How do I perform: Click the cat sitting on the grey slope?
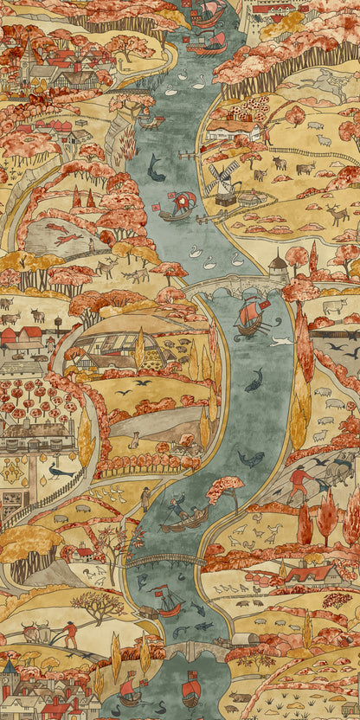click(x=134, y=441)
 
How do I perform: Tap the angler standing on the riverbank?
click(x=145, y=498)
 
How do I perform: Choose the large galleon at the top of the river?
click(x=208, y=12)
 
